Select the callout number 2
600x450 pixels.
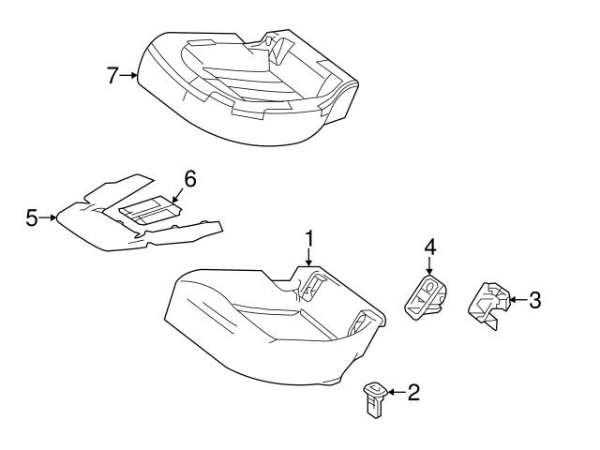coord(412,392)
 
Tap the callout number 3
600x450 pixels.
coord(534,300)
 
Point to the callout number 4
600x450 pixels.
coord(429,247)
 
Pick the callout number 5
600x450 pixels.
coord(32,218)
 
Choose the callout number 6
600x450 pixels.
coord(189,178)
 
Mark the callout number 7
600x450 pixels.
coord(112,76)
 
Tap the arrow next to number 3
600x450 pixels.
coord(515,300)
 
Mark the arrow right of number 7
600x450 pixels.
coord(130,76)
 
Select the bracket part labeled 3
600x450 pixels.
coord(488,306)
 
